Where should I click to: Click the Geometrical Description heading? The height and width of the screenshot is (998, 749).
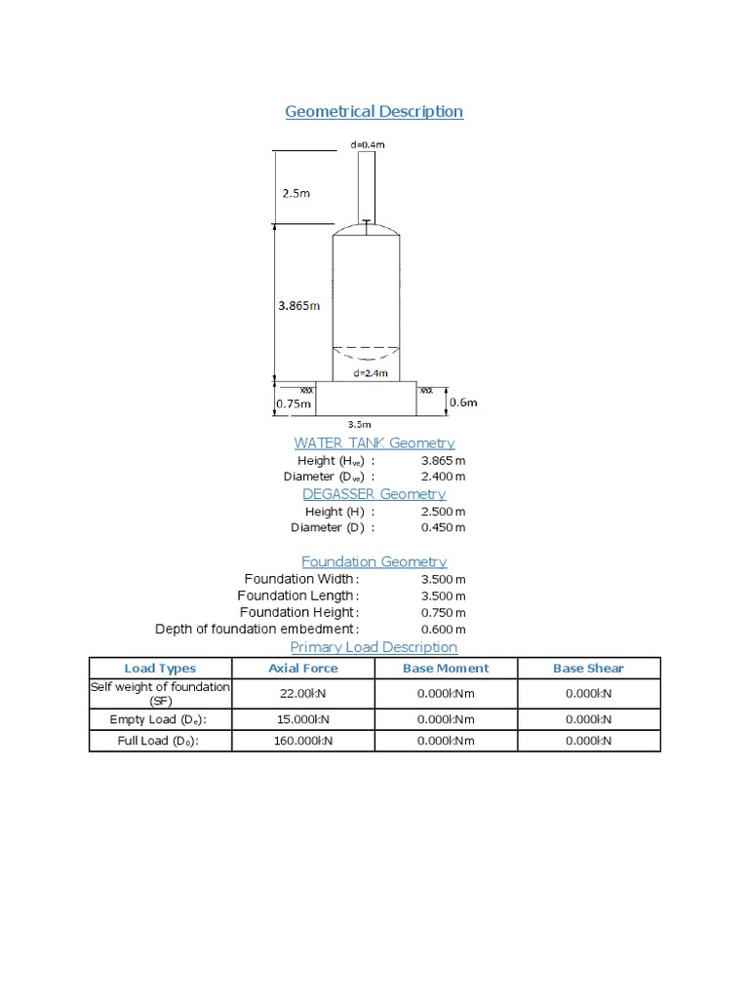[374, 111]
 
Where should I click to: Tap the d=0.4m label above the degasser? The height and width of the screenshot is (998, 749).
[366, 145]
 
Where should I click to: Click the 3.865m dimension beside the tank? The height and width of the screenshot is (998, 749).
[296, 305]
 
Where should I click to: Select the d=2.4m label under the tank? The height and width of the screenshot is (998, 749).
[370, 372]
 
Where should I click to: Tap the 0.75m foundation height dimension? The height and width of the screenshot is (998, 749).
[294, 403]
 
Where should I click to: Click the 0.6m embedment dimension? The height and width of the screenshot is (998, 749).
[462, 402]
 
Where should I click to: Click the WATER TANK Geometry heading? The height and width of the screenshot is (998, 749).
[374, 443]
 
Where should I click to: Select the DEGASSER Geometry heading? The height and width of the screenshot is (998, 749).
[374, 494]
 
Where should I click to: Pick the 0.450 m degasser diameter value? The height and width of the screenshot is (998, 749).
[443, 527]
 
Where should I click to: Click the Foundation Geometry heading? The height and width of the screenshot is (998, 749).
[374, 561]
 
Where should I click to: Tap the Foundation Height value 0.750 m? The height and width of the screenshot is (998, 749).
[443, 612]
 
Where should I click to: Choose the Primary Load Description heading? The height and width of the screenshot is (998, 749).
[374, 647]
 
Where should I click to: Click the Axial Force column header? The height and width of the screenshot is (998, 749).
[303, 669]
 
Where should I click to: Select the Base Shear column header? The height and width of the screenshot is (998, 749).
[588, 669]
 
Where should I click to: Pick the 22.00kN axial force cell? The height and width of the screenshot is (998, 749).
[303, 693]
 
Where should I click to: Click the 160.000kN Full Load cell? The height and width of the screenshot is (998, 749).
[303, 741]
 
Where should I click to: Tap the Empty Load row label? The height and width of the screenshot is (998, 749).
[160, 719]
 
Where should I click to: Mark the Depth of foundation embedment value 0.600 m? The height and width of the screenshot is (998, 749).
[443, 630]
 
